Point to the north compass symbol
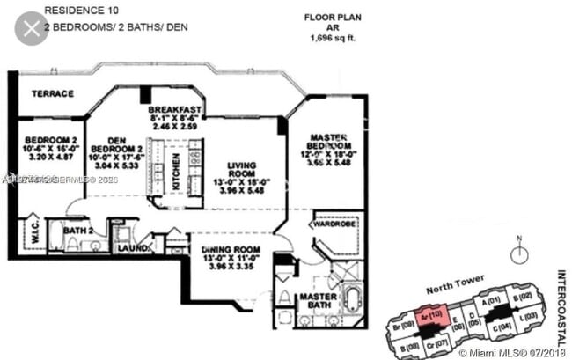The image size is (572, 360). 520,252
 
